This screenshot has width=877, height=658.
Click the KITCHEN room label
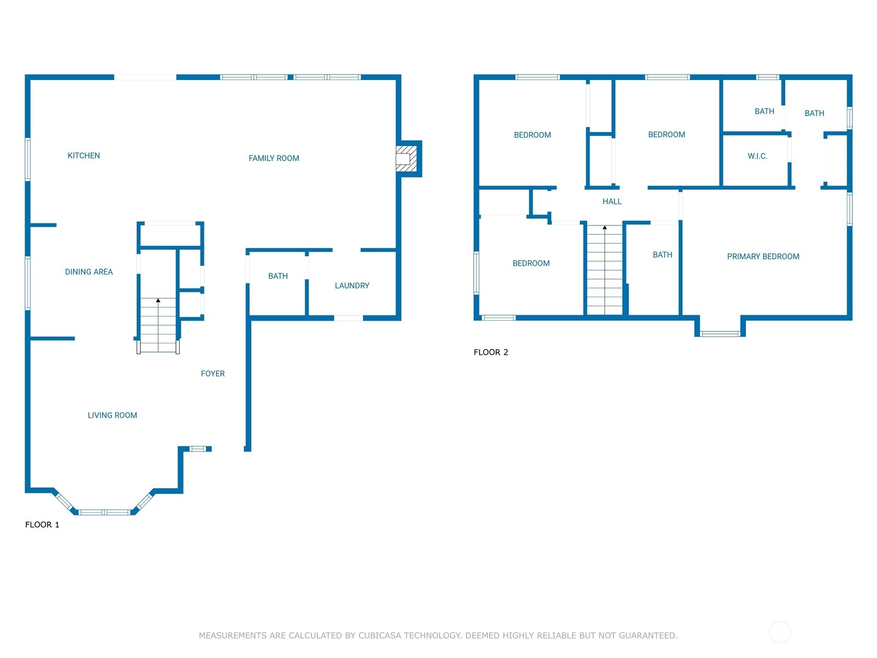tap(83, 155)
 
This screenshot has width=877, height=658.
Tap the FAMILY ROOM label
tap(274, 158)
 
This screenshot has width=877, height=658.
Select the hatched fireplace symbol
tap(406, 158)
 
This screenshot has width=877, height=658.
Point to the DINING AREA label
tap(89, 271)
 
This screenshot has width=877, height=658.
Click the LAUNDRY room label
tap(352, 286)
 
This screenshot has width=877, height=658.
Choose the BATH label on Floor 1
tap(278, 276)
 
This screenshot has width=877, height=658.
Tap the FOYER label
tap(213, 373)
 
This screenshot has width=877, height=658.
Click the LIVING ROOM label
tap(112, 415)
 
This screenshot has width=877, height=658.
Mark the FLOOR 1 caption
tap(42, 525)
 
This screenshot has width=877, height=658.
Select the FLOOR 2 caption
tap(491, 352)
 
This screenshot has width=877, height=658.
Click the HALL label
tap(612, 201)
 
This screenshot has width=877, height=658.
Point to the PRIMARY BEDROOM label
tap(763, 257)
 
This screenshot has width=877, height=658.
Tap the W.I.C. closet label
tap(757, 156)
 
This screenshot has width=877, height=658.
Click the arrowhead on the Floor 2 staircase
tap(605, 228)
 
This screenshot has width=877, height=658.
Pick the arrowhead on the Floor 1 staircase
tap(158, 300)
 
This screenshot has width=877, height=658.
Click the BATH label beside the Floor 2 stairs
tap(662, 254)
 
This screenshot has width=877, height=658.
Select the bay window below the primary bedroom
tap(720, 333)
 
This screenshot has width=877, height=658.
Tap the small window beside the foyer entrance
tap(197, 449)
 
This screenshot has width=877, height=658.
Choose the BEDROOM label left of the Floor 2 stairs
tap(531, 263)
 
